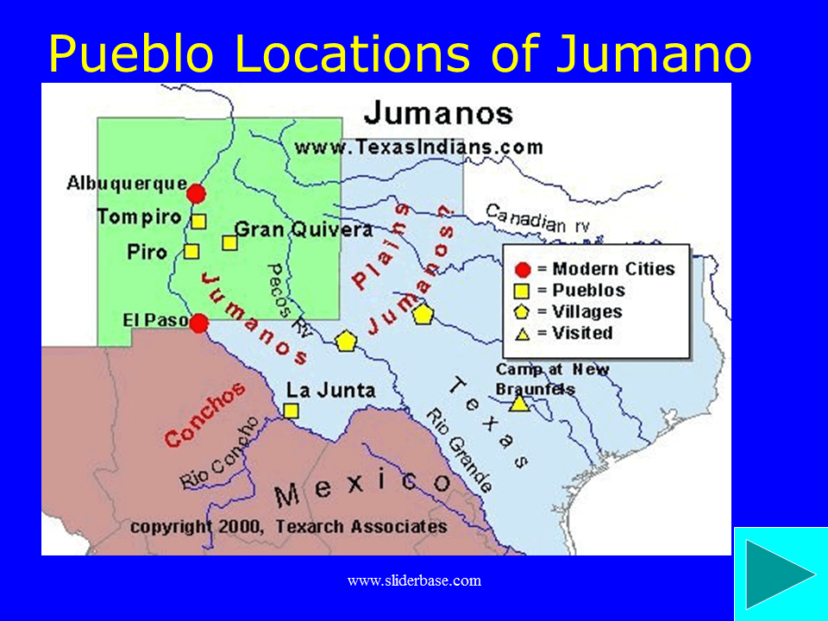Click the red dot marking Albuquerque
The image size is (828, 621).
(x=197, y=193)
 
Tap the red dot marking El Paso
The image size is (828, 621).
(x=199, y=323)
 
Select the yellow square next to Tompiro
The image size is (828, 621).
(x=198, y=221)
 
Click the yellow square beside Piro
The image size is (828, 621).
(x=191, y=252)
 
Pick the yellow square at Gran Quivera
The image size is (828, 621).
(x=229, y=242)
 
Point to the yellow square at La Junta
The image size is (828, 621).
(x=292, y=411)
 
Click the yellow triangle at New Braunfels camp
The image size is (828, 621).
(x=518, y=403)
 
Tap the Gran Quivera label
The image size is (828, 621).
(x=304, y=229)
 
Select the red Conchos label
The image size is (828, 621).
(x=205, y=414)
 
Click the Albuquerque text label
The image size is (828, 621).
(x=127, y=183)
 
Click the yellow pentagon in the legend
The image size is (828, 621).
(x=522, y=311)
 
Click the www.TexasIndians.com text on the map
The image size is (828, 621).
(x=419, y=147)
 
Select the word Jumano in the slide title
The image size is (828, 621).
(x=653, y=53)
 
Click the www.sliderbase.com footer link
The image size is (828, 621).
(x=414, y=580)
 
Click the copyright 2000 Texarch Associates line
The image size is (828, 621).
(x=289, y=526)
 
